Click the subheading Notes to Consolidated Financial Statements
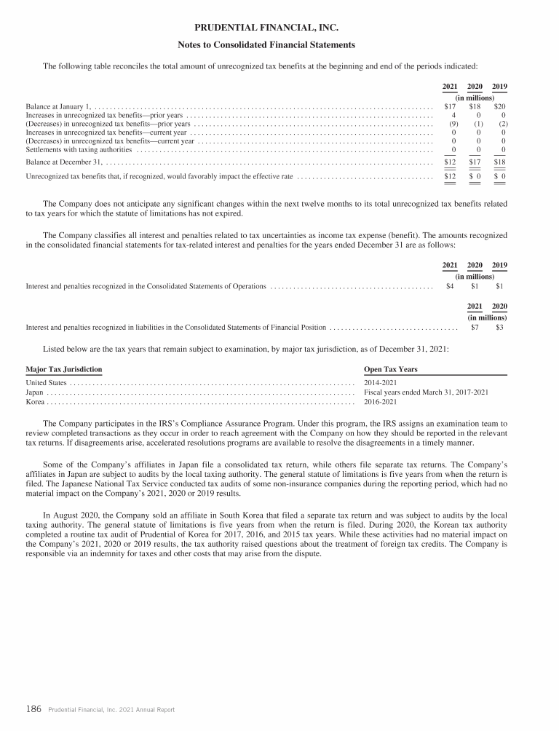click(267, 45)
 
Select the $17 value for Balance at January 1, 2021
click(450, 106)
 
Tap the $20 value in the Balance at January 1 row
click(500, 106)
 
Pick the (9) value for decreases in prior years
click(451, 124)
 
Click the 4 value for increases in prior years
click(453, 115)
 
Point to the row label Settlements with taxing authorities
click(79, 150)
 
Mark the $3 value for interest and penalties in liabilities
click(500, 328)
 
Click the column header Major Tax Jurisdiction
click(64, 370)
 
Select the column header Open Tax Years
click(390, 370)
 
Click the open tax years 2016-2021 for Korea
click(380, 401)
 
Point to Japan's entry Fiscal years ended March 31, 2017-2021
click(426, 392)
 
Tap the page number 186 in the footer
click(33, 709)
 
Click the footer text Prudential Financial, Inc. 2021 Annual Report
click(111, 710)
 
